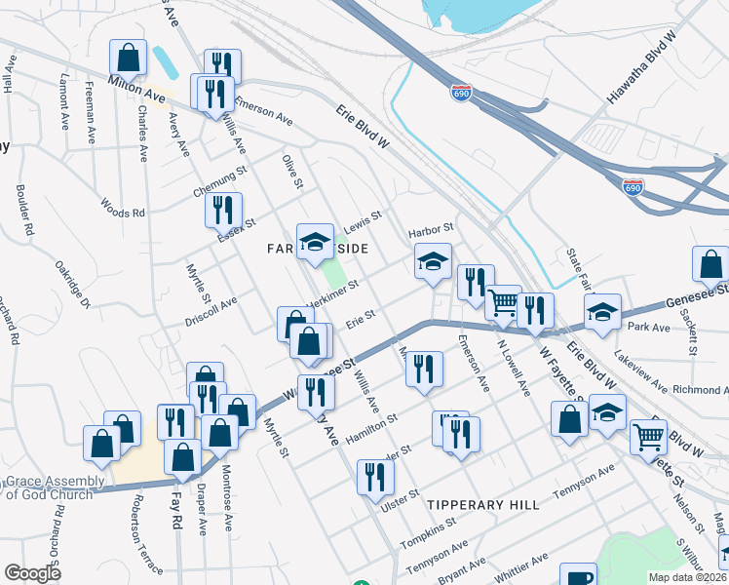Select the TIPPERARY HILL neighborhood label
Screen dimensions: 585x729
pyautogui.click(x=483, y=504)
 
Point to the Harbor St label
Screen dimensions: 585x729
pyautogui.click(x=431, y=229)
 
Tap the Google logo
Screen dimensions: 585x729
pyautogui.click(x=33, y=573)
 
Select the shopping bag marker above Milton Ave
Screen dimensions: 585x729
pyautogui.click(x=128, y=58)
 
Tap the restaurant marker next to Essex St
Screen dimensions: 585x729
pyautogui.click(x=224, y=210)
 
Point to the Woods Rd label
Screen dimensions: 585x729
pyautogui.click(x=123, y=208)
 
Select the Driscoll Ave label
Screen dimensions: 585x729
pyautogui.click(x=211, y=312)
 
